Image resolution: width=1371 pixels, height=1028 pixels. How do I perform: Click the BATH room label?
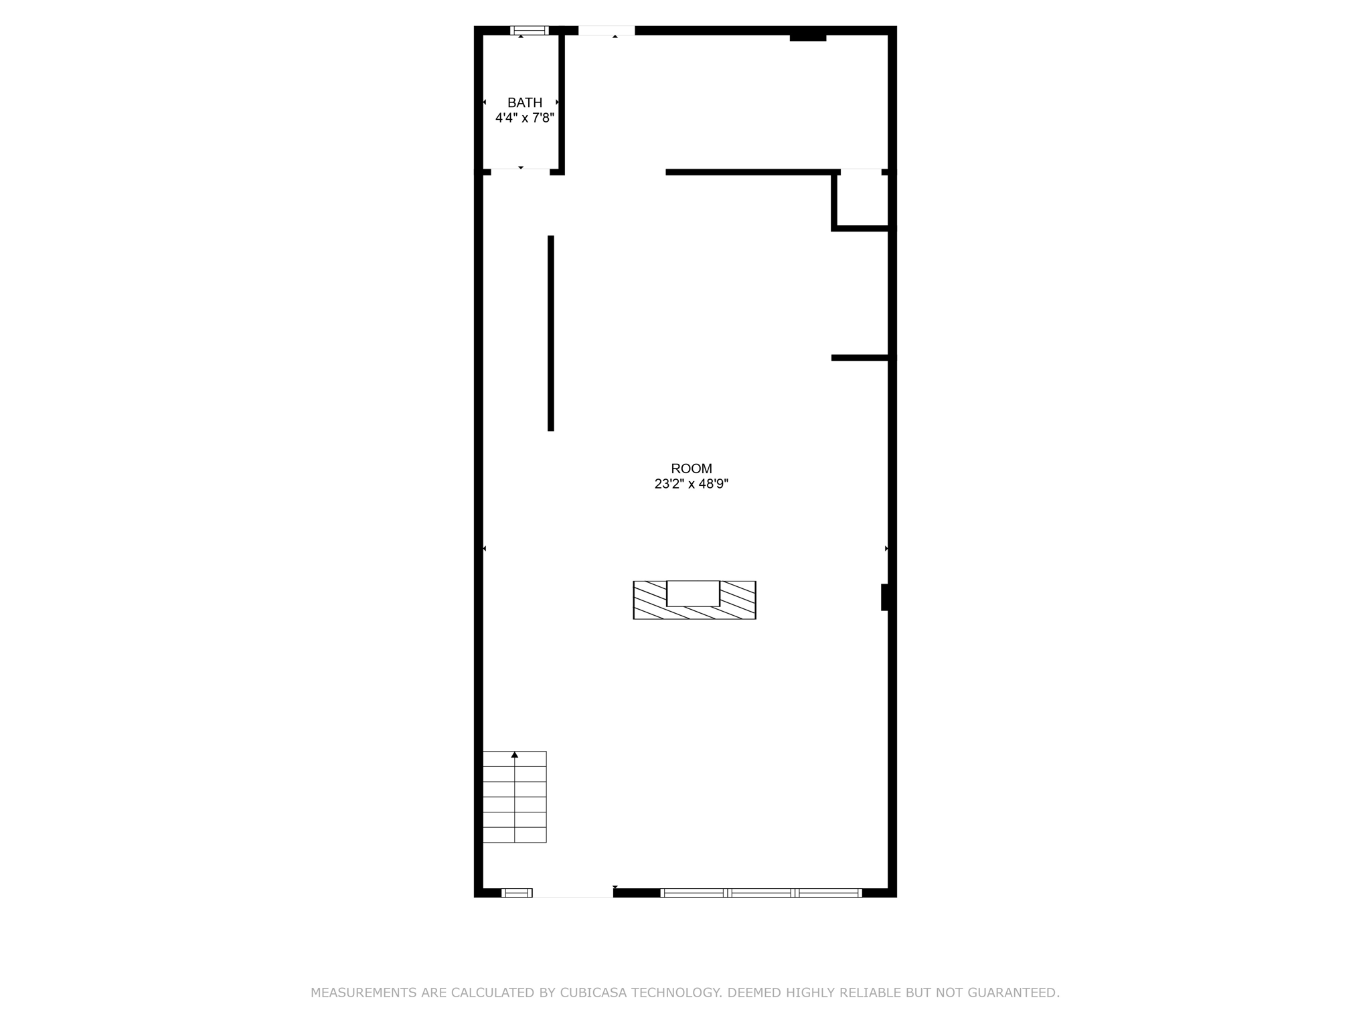524,102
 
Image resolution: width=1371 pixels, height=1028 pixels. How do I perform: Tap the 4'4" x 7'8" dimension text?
524,118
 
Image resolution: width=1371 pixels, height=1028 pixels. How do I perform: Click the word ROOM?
691,468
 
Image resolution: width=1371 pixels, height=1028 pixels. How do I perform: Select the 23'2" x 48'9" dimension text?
691,484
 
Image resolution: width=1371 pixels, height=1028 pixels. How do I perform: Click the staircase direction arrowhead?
514,755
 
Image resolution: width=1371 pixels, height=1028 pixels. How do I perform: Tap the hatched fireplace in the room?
694,601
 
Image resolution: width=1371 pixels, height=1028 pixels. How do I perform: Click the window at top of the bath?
529,30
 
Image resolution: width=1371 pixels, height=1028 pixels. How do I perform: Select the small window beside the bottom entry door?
516,892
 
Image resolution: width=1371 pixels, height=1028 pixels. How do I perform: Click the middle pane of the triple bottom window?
761,892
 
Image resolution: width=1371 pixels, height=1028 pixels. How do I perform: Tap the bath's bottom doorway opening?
520,172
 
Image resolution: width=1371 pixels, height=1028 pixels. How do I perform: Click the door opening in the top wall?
607,30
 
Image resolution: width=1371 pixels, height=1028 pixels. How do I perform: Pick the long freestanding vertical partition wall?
551,333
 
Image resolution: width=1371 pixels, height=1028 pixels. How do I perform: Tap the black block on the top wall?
807,37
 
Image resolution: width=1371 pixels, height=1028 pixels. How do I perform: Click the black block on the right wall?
884,597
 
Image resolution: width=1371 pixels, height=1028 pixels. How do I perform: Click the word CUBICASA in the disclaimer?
592,993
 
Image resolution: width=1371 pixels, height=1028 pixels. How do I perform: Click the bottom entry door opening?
572,892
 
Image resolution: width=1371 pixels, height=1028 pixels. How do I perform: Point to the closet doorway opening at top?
861,172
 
